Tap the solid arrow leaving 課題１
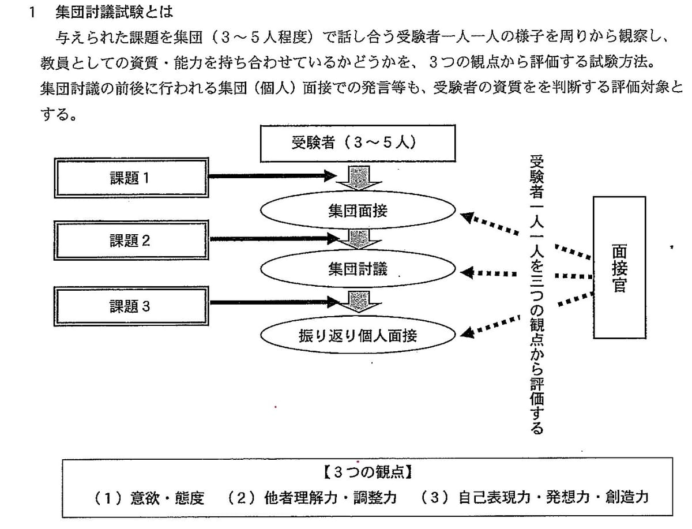point(273,176)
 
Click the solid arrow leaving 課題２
point(274,239)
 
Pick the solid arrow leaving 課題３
point(274,302)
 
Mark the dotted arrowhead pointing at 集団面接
point(467,217)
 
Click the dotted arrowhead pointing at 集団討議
point(467,273)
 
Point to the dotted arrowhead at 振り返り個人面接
point(467,332)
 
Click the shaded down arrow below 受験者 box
point(359,178)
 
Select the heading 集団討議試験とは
point(114,13)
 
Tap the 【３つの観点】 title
point(367,472)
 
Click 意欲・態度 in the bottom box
point(167,498)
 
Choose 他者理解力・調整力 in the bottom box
point(330,497)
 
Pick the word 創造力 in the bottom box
point(627,497)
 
